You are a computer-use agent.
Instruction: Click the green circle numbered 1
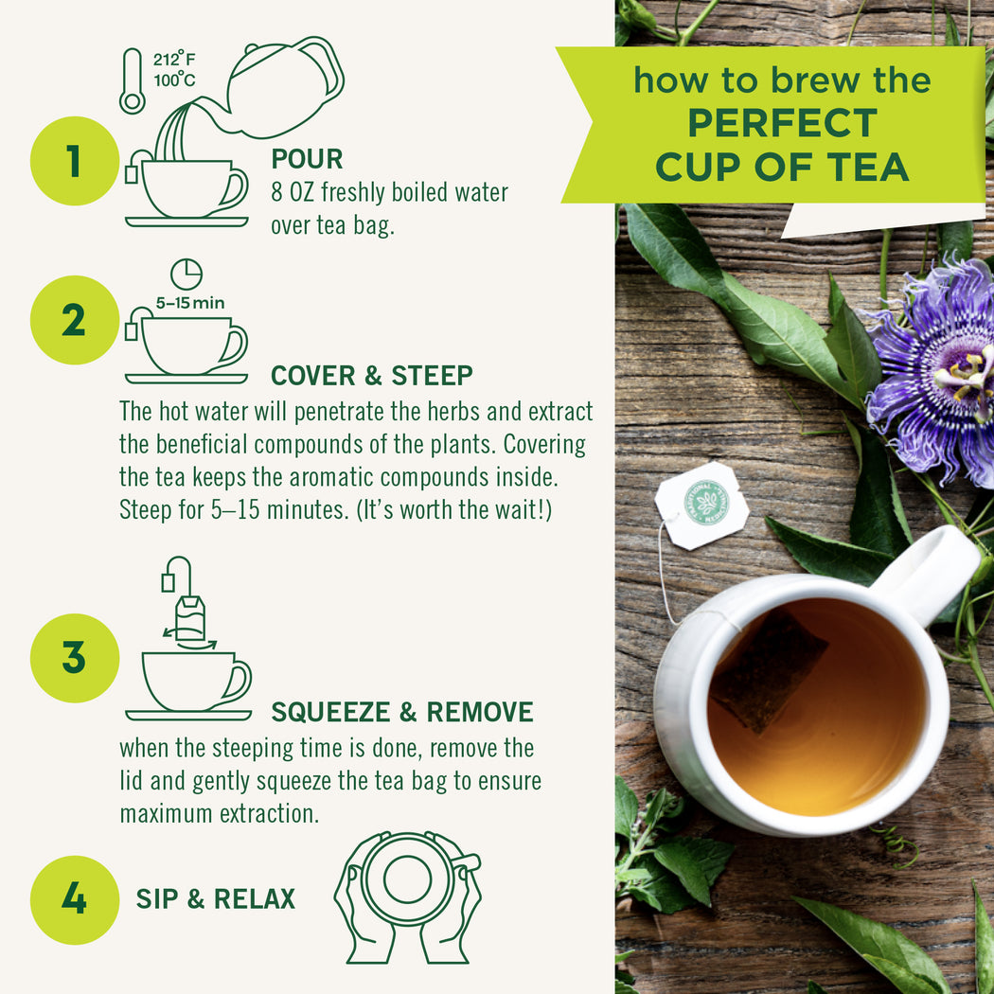tap(74, 161)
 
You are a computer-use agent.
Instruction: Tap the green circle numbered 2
tap(74, 321)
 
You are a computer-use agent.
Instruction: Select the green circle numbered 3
tap(74, 658)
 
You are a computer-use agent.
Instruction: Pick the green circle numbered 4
tap(74, 899)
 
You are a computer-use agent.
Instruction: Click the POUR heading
tap(307, 159)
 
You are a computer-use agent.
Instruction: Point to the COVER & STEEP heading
tap(371, 376)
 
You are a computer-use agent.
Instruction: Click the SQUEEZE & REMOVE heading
tap(402, 712)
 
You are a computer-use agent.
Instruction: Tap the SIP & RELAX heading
tap(215, 899)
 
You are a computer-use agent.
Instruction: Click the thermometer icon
tap(132, 81)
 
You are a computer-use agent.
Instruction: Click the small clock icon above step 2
tap(186, 274)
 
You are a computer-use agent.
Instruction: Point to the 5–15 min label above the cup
tap(190, 303)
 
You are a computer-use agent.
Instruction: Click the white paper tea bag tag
tap(701, 505)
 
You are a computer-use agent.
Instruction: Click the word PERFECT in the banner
tap(782, 124)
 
